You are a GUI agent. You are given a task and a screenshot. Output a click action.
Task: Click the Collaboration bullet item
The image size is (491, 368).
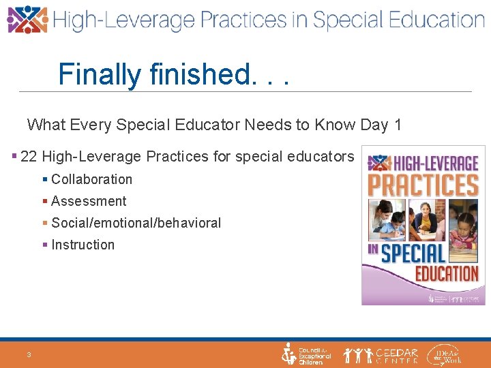point(91,179)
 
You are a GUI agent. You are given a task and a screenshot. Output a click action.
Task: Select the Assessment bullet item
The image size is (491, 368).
point(89,201)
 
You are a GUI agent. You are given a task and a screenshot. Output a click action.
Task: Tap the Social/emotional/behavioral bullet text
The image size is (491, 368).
point(136,223)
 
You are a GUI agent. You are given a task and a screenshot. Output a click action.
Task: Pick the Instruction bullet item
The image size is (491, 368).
point(83,245)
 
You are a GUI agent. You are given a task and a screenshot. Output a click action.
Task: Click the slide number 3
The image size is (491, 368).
point(29,354)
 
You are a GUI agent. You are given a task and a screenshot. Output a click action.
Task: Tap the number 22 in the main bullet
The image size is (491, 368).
point(29,157)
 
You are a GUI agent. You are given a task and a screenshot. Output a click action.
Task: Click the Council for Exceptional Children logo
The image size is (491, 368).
point(306,354)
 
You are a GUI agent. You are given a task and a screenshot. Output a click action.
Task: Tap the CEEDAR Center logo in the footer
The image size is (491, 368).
point(381,354)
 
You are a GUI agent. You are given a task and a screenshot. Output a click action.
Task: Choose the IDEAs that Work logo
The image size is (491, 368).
point(444,354)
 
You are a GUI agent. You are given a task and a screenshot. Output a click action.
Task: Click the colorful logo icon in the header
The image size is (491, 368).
point(27,20)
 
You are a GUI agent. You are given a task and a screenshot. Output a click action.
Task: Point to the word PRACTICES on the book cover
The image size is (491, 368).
point(423,185)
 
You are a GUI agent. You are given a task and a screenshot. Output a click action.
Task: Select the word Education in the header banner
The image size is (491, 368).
point(429,20)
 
